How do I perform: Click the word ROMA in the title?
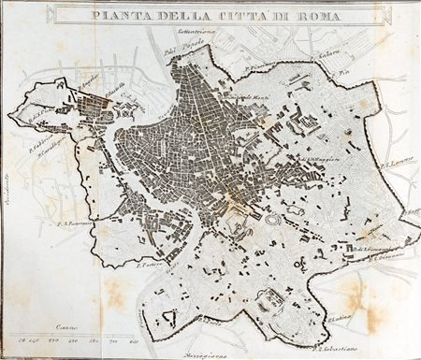[297, 15]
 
